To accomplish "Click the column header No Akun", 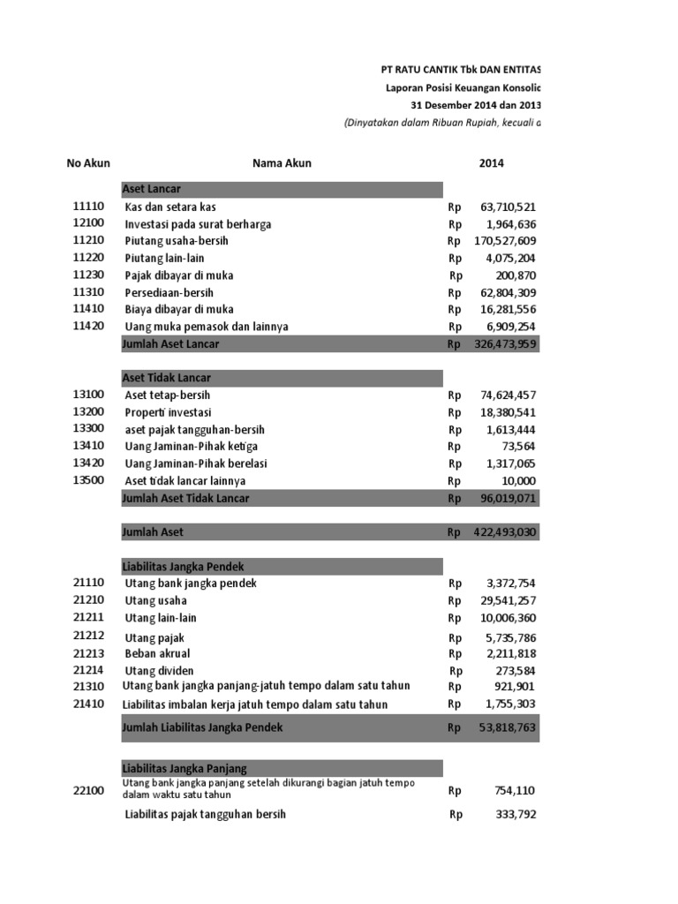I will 88,163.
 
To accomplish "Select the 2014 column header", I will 492,163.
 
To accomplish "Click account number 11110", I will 88,207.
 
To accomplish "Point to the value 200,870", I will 516,275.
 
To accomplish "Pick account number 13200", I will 88,412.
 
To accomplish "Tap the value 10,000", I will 519,481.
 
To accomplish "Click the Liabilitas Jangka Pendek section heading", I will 182,566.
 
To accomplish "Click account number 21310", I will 88,687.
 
